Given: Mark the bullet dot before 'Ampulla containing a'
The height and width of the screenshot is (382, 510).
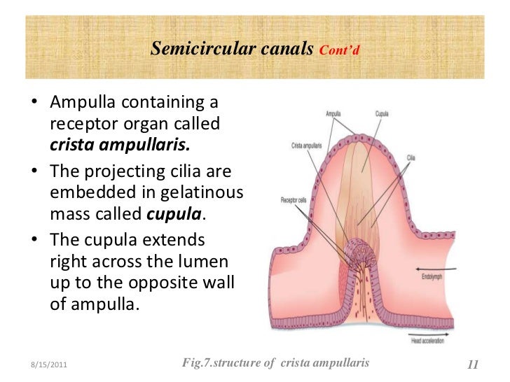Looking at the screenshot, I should tap(34, 104).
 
